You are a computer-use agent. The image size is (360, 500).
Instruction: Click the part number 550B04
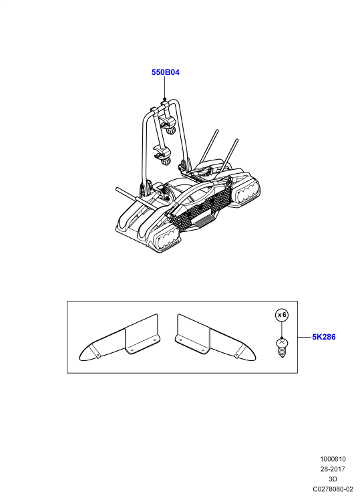(166, 72)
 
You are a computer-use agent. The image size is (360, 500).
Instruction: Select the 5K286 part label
(324, 337)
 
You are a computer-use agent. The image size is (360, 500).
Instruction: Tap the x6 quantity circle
(282, 315)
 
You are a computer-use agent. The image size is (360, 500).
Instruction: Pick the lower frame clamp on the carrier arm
(162, 155)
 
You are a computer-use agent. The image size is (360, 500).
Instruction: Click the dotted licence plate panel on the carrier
(201, 207)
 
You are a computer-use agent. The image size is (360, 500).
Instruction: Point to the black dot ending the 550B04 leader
(165, 99)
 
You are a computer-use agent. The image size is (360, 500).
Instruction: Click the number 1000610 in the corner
(333, 459)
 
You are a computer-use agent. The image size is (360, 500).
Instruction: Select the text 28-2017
(333, 469)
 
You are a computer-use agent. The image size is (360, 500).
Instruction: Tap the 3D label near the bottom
(333, 479)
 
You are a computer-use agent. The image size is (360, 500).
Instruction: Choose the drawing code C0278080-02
(333, 489)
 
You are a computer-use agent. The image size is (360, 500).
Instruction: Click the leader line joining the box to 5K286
(305, 337)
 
